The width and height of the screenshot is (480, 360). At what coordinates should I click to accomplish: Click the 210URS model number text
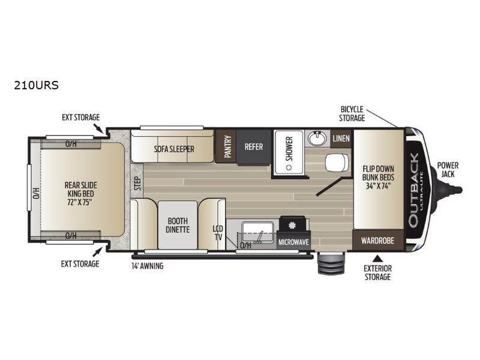(36, 85)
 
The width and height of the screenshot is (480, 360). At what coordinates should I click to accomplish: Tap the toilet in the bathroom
(337, 163)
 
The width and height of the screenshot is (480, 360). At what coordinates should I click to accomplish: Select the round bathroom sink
(317, 138)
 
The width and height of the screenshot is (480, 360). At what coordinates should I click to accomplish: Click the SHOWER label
(289, 149)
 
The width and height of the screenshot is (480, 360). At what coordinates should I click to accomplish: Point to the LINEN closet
(341, 139)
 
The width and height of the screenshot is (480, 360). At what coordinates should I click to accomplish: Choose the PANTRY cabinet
(226, 146)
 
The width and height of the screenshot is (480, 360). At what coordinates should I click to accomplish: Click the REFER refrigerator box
(254, 147)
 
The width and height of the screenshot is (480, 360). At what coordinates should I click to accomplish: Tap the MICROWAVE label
(293, 242)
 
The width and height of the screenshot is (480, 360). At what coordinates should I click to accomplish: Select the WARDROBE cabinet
(378, 241)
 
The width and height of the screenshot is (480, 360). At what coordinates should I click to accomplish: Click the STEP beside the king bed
(137, 183)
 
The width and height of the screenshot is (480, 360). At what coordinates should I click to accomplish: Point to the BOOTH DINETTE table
(178, 225)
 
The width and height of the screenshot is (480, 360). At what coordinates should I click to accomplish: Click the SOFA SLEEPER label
(174, 149)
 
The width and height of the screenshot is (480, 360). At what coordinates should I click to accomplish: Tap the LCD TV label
(218, 233)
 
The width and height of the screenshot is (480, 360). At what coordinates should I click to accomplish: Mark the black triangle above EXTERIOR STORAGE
(377, 259)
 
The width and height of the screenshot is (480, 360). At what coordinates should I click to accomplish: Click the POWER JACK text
(448, 170)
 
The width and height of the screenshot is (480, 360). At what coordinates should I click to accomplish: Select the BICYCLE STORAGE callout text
(352, 113)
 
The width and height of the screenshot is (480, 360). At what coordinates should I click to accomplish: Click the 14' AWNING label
(147, 266)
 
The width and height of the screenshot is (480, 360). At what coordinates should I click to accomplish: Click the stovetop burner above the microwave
(292, 224)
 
